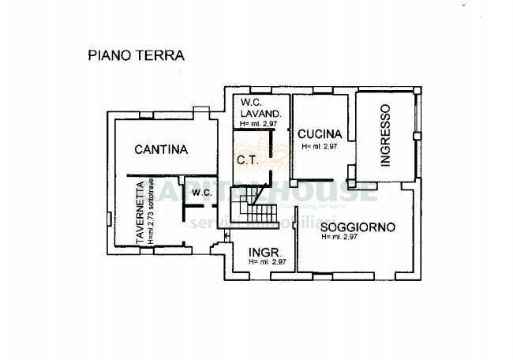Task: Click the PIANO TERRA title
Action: click(135, 56)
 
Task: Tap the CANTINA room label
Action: click(160, 148)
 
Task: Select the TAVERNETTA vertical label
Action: click(139, 212)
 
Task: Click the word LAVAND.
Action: click(256, 114)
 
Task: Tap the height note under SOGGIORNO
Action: click(340, 237)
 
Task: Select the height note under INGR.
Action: click(266, 262)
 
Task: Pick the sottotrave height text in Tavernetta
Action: click(149, 212)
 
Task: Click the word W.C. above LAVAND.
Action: click(250, 103)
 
